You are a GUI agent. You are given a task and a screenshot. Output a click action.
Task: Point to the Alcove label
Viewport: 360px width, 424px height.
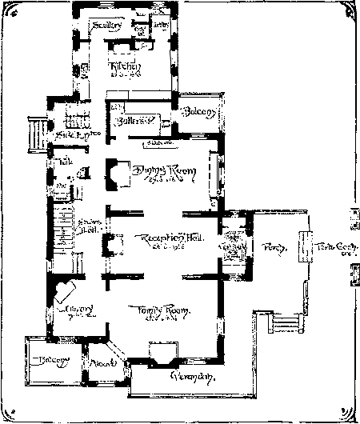102,362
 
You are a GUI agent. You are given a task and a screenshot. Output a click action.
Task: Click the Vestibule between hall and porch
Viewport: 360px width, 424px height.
234,245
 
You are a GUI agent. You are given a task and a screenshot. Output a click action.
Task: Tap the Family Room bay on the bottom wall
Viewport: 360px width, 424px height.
163,352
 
